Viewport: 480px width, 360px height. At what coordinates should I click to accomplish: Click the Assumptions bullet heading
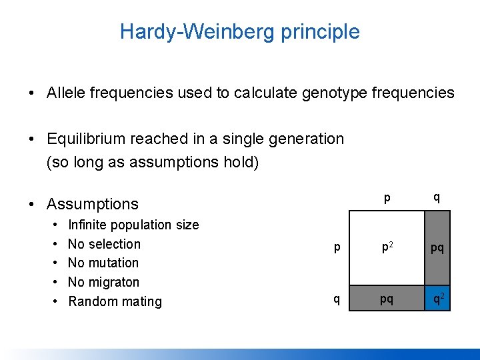click(x=93, y=204)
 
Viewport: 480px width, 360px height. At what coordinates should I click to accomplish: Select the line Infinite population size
click(x=133, y=225)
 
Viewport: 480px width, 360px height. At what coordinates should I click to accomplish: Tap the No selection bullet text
click(x=104, y=244)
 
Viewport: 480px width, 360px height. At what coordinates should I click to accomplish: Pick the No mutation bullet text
click(x=103, y=263)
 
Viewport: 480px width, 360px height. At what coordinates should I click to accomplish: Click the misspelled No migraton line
click(x=103, y=282)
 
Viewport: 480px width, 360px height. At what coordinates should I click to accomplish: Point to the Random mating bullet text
click(x=115, y=301)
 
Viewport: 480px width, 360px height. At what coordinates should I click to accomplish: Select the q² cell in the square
click(x=438, y=299)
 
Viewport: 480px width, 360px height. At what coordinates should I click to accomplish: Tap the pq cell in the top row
click(x=438, y=248)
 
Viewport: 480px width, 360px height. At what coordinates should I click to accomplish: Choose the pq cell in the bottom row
click(x=387, y=299)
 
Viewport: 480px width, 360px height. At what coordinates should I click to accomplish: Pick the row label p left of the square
click(x=337, y=248)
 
